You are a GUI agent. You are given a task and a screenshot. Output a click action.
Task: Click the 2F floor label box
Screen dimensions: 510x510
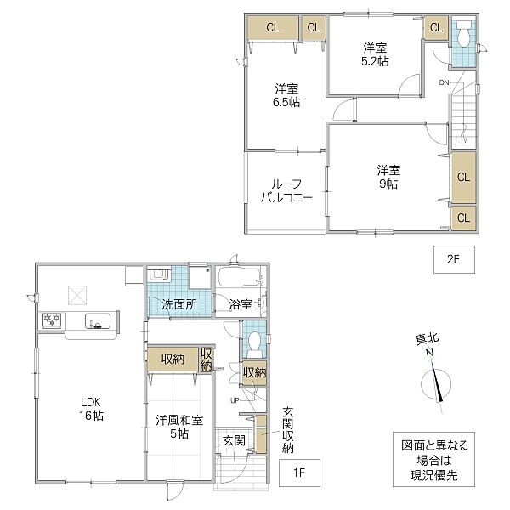click(x=454, y=259)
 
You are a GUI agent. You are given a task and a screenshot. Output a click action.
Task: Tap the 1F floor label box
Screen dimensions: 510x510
click(x=299, y=473)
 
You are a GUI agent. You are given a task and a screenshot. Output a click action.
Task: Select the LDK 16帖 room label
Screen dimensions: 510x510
click(x=91, y=409)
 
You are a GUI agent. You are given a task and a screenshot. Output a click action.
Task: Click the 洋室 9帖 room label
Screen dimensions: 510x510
click(x=388, y=177)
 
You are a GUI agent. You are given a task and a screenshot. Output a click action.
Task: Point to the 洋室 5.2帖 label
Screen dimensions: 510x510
click(x=375, y=54)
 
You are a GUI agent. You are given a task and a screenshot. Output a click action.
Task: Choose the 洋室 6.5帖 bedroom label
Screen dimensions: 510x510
click(x=286, y=95)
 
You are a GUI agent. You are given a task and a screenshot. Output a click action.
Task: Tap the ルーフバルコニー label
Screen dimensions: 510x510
click(x=286, y=191)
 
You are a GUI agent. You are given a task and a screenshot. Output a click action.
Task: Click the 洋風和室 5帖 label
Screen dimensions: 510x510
click(x=179, y=427)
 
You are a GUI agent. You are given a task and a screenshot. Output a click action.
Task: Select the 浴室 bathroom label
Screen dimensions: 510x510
click(x=241, y=304)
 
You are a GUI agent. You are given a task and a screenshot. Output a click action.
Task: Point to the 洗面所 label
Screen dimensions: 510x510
click(x=179, y=304)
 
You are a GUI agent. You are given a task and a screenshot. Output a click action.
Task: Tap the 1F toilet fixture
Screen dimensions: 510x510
click(x=254, y=344)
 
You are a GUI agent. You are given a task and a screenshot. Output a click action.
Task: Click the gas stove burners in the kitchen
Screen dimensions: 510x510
click(x=52, y=320)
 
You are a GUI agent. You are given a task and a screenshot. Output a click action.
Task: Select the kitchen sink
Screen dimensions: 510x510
click(x=98, y=321)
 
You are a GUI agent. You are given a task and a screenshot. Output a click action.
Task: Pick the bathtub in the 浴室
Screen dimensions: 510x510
click(x=240, y=277)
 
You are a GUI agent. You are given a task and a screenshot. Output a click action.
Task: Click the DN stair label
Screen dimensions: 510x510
click(x=444, y=82)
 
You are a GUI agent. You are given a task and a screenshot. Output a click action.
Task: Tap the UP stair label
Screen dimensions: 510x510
click(x=235, y=400)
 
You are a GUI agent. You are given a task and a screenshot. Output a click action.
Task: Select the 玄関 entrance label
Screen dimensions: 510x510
click(x=234, y=441)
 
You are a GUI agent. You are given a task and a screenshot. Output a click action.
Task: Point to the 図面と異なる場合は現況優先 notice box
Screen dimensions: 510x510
click(x=433, y=459)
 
